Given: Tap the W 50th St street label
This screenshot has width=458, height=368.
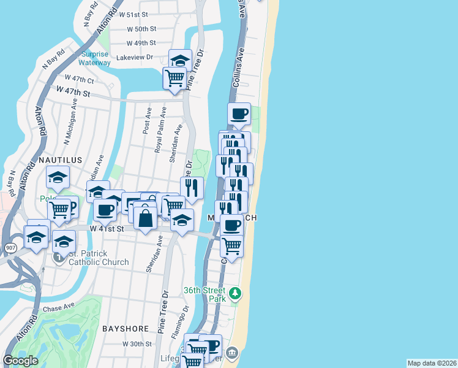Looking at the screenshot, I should pyautogui.click(x=142, y=29).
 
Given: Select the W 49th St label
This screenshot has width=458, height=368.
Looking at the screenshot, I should pyautogui.click(x=141, y=43).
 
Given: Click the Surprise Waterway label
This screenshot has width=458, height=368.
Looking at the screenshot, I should pyautogui.click(x=96, y=58).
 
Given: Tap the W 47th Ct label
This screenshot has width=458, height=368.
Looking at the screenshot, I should pyautogui.click(x=80, y=80).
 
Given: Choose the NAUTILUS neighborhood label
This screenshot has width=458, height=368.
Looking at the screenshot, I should pyautogui.click(x=61, y=160).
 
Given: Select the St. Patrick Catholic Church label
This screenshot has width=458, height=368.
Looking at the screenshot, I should pyautogui.click(x=99, y=258).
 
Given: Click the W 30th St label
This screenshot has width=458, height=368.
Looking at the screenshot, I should pyautogui.click(x=137, y=344).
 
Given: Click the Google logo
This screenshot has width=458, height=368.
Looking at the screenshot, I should pyautogui.click(x=21, y=361).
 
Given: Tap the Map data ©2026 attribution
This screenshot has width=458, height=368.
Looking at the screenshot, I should pyautogui.click(x=432, y=363).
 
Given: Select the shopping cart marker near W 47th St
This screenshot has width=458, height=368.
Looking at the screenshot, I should pyautogui.click(x=175, y=79).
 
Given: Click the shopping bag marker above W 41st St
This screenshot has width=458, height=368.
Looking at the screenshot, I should pyautogui.click(x=146, y=218).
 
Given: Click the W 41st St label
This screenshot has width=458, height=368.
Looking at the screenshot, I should pyautogui.click(x=107, y=229).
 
